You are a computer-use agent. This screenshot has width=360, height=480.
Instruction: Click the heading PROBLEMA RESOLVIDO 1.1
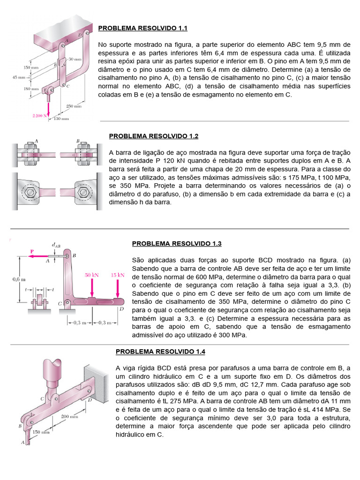point(142,29)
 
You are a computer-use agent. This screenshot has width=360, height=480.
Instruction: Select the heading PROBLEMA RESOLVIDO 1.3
point(177,244)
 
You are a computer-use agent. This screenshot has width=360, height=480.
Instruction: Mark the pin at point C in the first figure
point(62,85)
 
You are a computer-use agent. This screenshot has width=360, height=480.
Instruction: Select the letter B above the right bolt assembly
point(77,140)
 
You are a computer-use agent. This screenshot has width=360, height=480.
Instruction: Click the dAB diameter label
point(56,244)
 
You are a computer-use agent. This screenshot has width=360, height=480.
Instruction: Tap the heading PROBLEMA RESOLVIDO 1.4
point(160,352)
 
